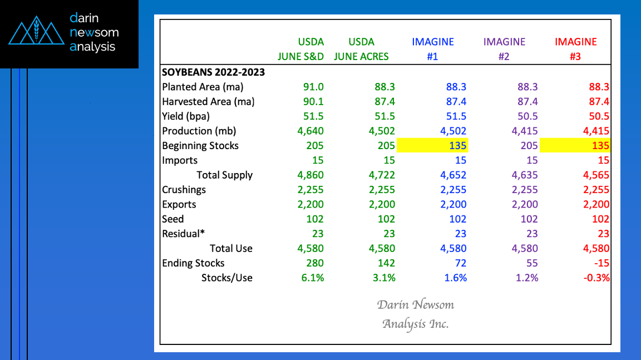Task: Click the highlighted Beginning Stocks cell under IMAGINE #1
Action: click(x=432, y=146)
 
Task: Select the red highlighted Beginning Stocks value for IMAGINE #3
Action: click(x=575, y=146)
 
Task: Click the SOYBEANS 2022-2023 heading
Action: click(x=213, y=72)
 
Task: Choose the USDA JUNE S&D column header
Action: click(x=301, y=49)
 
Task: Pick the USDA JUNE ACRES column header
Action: click(x=361, y=49)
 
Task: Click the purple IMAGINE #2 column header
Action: click(x=504, y=49)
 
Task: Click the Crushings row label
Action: click(x=184, y=190)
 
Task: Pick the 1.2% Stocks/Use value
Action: click(x=526, y=278)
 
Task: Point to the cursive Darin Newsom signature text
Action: click(x=415, y=305)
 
